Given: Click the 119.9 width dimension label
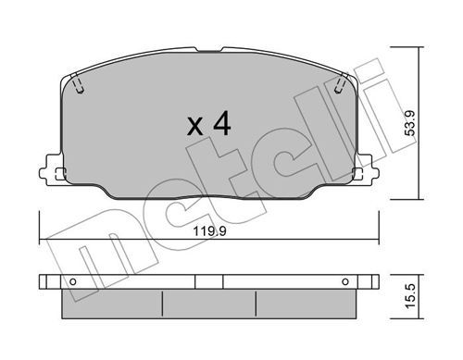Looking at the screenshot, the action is click(x=209, y=230).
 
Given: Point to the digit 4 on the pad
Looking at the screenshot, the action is click(x=222, y=124).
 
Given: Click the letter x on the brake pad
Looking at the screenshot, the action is click(x=195, y=127).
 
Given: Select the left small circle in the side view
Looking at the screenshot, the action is click(x=73, y=281).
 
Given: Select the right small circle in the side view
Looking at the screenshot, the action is click(x=345, y=281).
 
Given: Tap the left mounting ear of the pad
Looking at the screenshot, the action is click(x=51, y=170).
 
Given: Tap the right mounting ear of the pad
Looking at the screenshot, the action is click(x=367, y=170).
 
